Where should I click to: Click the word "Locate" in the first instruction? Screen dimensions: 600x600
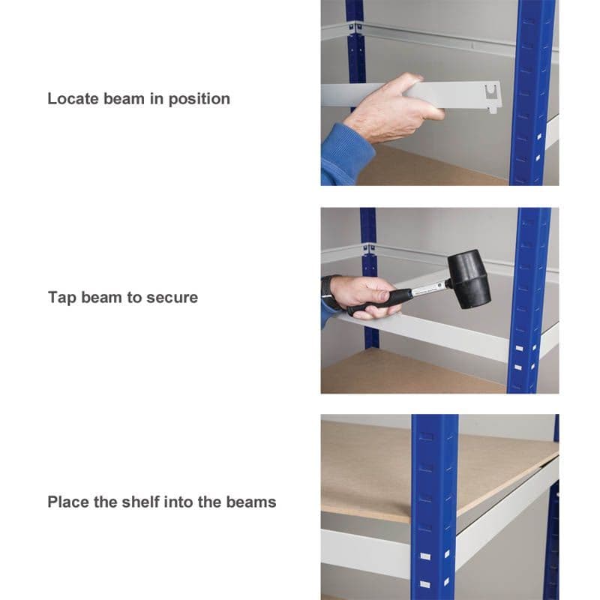[x=73, y=99]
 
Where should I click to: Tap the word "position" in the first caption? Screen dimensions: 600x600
[x=199, y=100]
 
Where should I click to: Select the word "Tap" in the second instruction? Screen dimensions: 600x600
[x=62, y=298]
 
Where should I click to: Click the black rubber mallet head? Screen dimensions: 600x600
[x=469, y=279]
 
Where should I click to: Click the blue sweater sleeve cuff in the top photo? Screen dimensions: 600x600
[x=348, y=153]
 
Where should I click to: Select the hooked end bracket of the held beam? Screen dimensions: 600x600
[x=492, y=98]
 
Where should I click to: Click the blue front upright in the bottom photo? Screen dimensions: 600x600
[x=435, y=507]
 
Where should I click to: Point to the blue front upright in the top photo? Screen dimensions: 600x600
[x=532, y=92]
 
